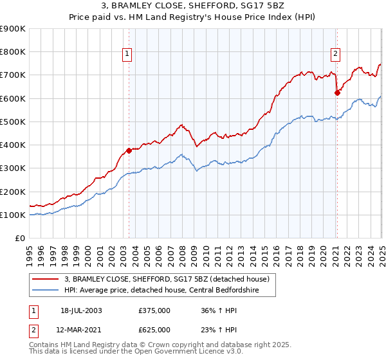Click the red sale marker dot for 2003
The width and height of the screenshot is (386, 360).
tap(129, 150)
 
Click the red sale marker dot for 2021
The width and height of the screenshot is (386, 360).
tap(336, 93)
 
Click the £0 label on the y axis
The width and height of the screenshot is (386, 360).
tap(20, 238)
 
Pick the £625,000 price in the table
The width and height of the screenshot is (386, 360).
tap(154, 330)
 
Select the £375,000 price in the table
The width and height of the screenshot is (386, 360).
tap(154, 310)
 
